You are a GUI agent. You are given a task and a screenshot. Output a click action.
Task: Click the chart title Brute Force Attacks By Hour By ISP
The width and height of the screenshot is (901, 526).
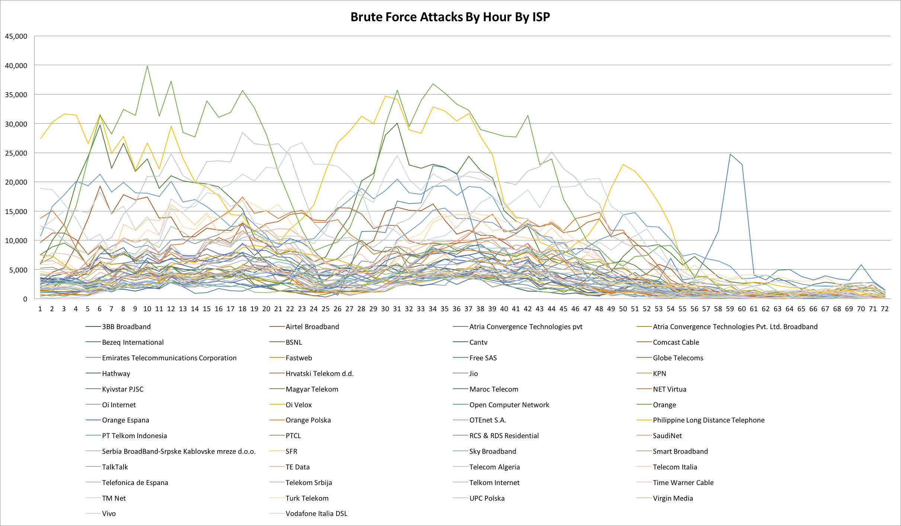click(x=450, y=17)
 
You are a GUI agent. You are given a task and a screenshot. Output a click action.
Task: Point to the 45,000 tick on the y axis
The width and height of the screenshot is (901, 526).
click(x=16, y=36)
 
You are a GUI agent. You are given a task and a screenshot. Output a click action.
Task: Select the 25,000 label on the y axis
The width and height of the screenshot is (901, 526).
click(x=16, y=153)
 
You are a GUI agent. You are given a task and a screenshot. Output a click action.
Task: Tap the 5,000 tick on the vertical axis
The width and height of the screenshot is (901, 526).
click(x=17, y=270)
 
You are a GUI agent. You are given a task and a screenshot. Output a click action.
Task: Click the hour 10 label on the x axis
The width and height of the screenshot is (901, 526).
click(x=147, y=309)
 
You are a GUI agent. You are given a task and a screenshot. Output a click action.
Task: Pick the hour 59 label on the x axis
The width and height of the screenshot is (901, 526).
click(x=730, y=309)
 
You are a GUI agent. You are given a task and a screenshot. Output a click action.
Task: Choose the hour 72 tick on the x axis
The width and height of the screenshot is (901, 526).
click(x=885, y=309)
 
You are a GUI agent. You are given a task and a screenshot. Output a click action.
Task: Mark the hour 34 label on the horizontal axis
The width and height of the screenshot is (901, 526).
click(x=433, y=309)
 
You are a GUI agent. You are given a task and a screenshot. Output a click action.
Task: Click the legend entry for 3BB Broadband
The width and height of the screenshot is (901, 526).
click(x=126, y=327)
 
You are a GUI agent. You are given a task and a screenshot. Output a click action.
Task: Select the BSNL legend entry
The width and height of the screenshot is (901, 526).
click(x=294, y=342)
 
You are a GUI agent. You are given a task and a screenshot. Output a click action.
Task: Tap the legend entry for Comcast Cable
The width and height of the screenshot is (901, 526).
click(x=676, y=342)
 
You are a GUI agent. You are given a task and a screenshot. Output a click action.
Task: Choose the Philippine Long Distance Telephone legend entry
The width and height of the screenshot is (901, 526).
click(x=708, y=420)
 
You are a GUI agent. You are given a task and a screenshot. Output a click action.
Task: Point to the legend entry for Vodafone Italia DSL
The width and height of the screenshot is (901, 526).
click(x=316, y=514)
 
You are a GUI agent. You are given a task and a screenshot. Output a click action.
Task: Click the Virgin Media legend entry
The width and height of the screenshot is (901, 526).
click(x=673, y=498)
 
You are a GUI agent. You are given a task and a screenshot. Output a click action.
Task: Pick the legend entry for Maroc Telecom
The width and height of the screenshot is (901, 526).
click(x=494, y=389)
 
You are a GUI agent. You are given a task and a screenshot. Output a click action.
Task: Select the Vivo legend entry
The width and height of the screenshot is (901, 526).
click(x=109, y=514)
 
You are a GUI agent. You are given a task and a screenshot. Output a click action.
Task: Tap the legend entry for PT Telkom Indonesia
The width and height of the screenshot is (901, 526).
click(x=134, y=436)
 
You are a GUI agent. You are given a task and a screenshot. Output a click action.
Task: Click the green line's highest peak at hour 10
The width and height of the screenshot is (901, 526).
click(x=147, y=66)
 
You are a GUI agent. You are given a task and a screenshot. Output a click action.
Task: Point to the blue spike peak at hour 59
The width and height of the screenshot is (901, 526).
click(x=730, y=154)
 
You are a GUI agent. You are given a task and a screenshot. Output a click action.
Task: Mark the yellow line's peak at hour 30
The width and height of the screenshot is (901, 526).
click(x=385, y=96)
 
